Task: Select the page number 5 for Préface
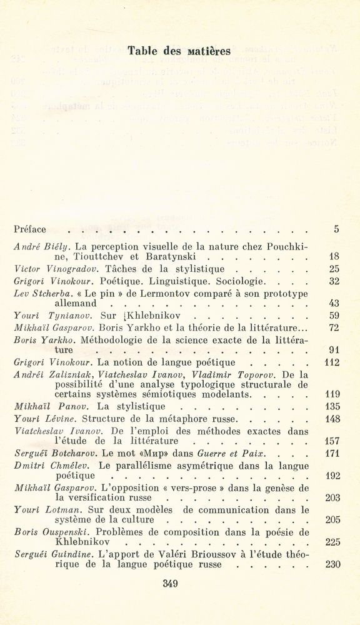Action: pyautogui.click(x=336, y=229)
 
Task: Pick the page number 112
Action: pyautogui.click(x=331, y=362)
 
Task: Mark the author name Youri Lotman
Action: pyautogui.click(x=40, y=510)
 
